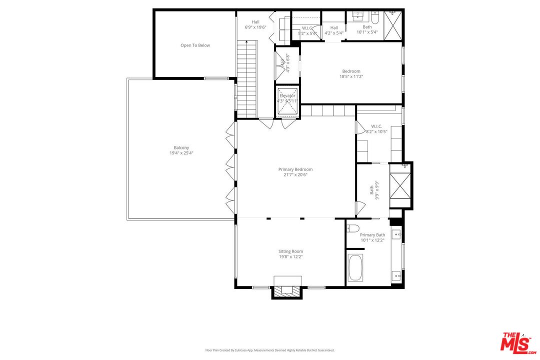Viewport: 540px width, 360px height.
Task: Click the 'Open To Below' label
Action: click(195, 45)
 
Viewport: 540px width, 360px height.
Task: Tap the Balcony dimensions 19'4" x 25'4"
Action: click(181, 153)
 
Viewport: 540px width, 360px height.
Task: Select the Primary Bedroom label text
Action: click(295, 169)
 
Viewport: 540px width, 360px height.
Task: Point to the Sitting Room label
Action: click(290, 251)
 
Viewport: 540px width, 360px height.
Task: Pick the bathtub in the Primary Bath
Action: click(355, 267)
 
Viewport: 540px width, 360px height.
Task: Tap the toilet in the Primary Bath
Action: click(353, 228)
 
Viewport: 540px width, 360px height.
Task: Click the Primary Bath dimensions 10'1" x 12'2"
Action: click(372, 240)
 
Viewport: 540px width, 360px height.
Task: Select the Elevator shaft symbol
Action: click(287, 101)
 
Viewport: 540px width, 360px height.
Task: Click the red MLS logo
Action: click(517, 341)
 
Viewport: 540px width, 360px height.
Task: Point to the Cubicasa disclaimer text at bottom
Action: click(269, 350)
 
